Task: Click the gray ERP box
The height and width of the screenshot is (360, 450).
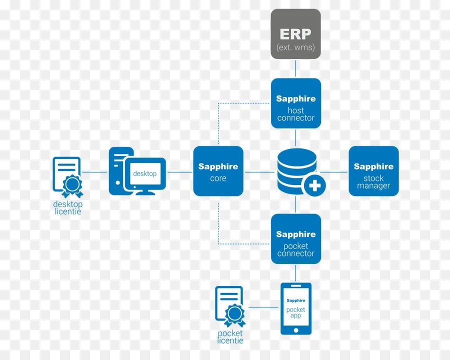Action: point(295,33)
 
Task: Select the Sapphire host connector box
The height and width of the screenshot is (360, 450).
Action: point(295,103)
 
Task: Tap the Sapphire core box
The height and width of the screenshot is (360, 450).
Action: point(218,171)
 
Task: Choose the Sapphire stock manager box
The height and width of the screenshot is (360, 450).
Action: point(373,171)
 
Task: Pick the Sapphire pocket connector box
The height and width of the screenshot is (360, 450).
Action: point(295,239)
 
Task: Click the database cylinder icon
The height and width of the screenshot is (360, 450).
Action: point(296,169)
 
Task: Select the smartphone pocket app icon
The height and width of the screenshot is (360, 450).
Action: point(295,308)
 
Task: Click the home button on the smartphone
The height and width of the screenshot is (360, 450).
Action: point(295,329)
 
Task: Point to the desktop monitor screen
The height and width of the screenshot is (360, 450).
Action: point(145,173)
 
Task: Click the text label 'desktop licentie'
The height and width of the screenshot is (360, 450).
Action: point(67,208)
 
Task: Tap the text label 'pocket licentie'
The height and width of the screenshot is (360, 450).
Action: point(230,337)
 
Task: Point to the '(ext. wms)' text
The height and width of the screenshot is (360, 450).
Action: point(295,47)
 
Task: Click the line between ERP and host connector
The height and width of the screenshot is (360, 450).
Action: point(295,68)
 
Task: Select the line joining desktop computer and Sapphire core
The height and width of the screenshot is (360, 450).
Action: point(180,172)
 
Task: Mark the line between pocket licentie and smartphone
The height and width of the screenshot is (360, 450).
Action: point(263,307)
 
